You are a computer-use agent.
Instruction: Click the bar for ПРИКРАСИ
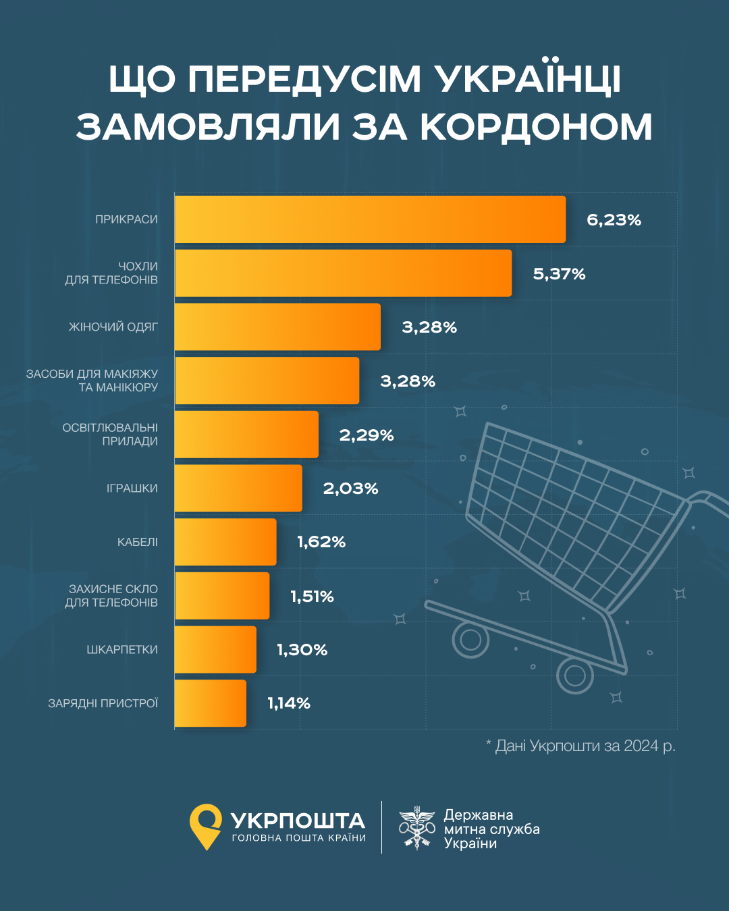click(x=370, y=219)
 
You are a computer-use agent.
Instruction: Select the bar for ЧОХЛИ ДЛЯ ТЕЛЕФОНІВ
click(x=343, y=273)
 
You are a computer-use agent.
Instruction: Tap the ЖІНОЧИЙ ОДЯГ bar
click(x=277, y=327)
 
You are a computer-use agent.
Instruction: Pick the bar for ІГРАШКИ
click(x=238, y=488)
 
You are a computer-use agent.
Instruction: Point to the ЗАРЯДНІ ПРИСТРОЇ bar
click(x=211, y=703)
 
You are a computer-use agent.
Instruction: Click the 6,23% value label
click(x=614, y=220)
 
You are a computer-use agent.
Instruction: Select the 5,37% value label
click(x=559, y=274)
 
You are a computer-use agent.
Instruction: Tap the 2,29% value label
click(x=366, y=435)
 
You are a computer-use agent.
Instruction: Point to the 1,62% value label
click(x=321, y=542)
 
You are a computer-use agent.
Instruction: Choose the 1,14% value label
click(x=289, y=703)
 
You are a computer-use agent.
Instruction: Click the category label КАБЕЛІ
click(x=138, y=542)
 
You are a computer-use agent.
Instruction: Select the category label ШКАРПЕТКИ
click(x=122, y=650)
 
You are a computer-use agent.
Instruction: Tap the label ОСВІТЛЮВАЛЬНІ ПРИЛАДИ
click(x=110, y=435)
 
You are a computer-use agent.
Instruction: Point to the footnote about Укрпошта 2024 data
click(x=580, y=746)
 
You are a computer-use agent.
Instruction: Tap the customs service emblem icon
click(x=416, y=828)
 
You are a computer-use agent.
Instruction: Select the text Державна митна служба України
click(x=491, y=829)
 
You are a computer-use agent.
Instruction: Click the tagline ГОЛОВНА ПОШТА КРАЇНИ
click(x=298, y=838)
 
